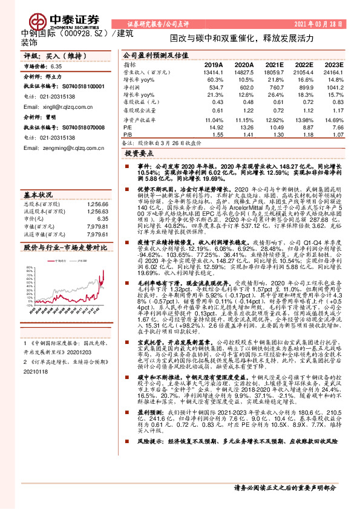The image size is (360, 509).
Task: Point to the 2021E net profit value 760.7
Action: coord(274,87)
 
